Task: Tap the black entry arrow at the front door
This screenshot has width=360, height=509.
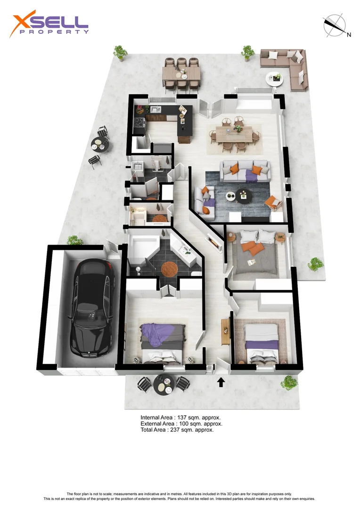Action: (x=221, y=381)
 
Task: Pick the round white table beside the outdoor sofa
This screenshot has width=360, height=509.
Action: (x=275, y=78)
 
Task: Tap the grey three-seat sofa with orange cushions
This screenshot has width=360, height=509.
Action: (x=246, y=172)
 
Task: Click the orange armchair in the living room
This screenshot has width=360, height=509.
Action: (x=273, y=203)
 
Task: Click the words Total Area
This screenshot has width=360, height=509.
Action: (x=154, y=430)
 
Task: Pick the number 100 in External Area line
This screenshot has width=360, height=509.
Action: (x=184, y=424)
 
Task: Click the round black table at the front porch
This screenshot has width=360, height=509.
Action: (x=163, y=384)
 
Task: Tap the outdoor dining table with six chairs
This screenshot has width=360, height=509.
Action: (x=181, y=74)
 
